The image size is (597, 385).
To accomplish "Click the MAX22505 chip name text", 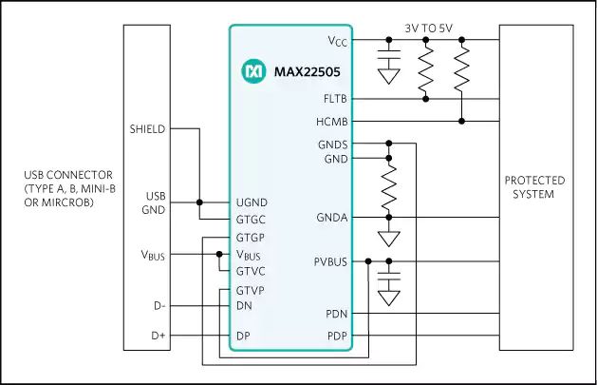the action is point(307,71).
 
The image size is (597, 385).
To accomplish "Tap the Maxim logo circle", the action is point(253,71).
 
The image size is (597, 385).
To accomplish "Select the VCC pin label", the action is point(338,41).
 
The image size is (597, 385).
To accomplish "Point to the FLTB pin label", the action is point(335,99).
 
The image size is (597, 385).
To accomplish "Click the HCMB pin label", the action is point(332,122).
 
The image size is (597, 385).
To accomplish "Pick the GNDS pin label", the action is point(333,144).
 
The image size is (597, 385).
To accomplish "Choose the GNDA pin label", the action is point(332,218).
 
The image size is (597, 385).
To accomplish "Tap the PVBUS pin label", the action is point(330,261).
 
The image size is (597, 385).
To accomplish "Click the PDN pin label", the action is point(337,314).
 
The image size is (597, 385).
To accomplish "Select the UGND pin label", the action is point(252,202).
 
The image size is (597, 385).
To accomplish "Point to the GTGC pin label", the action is point(251,220).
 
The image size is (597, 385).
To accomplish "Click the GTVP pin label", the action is point(251,291).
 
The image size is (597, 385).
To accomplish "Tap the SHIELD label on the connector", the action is point(147,129).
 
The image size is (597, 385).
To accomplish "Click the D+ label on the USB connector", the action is point(159,336).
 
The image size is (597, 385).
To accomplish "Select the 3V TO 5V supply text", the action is point(429,29).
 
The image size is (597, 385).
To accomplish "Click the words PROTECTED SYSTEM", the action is point(534,187).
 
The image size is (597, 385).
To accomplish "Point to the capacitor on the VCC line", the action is point(389,54).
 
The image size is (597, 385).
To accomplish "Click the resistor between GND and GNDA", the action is point(389,187).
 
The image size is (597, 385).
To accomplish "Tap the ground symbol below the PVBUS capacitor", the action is point(389,298).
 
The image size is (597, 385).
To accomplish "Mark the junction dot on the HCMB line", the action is point(462,122).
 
